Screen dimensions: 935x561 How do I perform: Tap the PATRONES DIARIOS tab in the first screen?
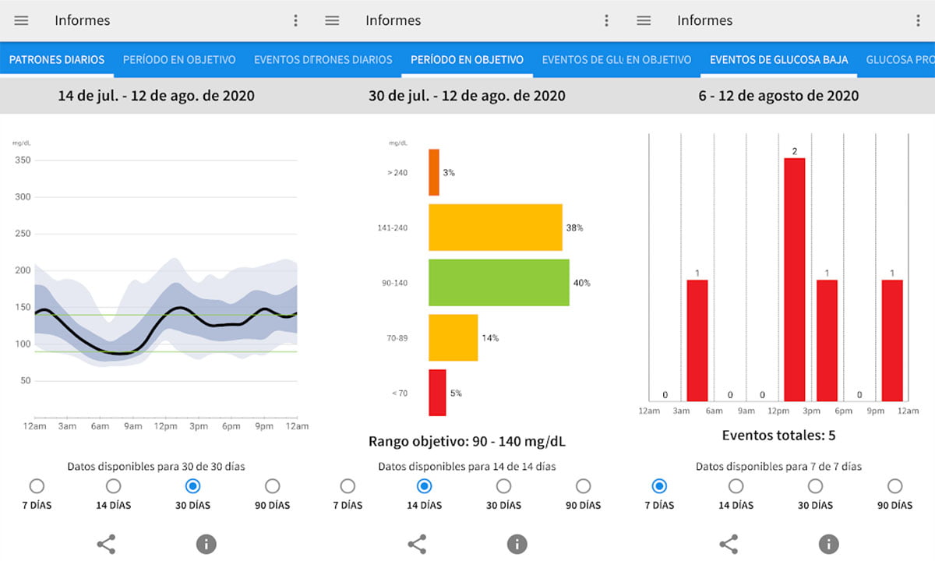click(57, 60)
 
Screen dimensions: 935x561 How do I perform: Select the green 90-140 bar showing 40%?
click(499, 283)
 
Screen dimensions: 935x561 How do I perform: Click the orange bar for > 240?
click(434, 172)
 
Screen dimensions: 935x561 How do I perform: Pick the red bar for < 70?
click(437, 393)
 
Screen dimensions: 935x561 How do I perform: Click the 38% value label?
click(574, 228)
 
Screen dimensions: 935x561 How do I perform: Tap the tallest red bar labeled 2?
click(794, 280)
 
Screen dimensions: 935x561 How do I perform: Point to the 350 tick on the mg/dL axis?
click(23, 160)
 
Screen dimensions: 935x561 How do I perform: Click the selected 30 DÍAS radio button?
click(192, 486)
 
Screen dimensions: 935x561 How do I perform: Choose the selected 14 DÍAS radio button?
click(424, 486)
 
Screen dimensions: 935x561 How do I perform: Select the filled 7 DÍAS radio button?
click(659, 486)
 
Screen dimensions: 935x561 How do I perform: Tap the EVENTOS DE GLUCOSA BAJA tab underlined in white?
click(779, 60)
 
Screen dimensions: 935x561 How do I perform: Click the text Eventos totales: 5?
click(779, 436)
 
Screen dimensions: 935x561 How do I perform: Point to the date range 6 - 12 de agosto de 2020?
click(779, 96)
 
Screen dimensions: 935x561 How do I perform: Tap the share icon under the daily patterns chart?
click(106, 545)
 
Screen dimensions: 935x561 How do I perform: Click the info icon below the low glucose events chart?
click(828, 545)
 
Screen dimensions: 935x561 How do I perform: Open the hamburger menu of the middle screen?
click(332, 20)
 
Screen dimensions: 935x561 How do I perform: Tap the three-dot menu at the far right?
click(918, 20)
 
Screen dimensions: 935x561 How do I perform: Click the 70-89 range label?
click(397, 338)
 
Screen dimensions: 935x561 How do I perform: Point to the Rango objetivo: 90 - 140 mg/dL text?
click(467, 441)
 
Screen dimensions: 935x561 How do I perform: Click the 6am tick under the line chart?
click(101, 426)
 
